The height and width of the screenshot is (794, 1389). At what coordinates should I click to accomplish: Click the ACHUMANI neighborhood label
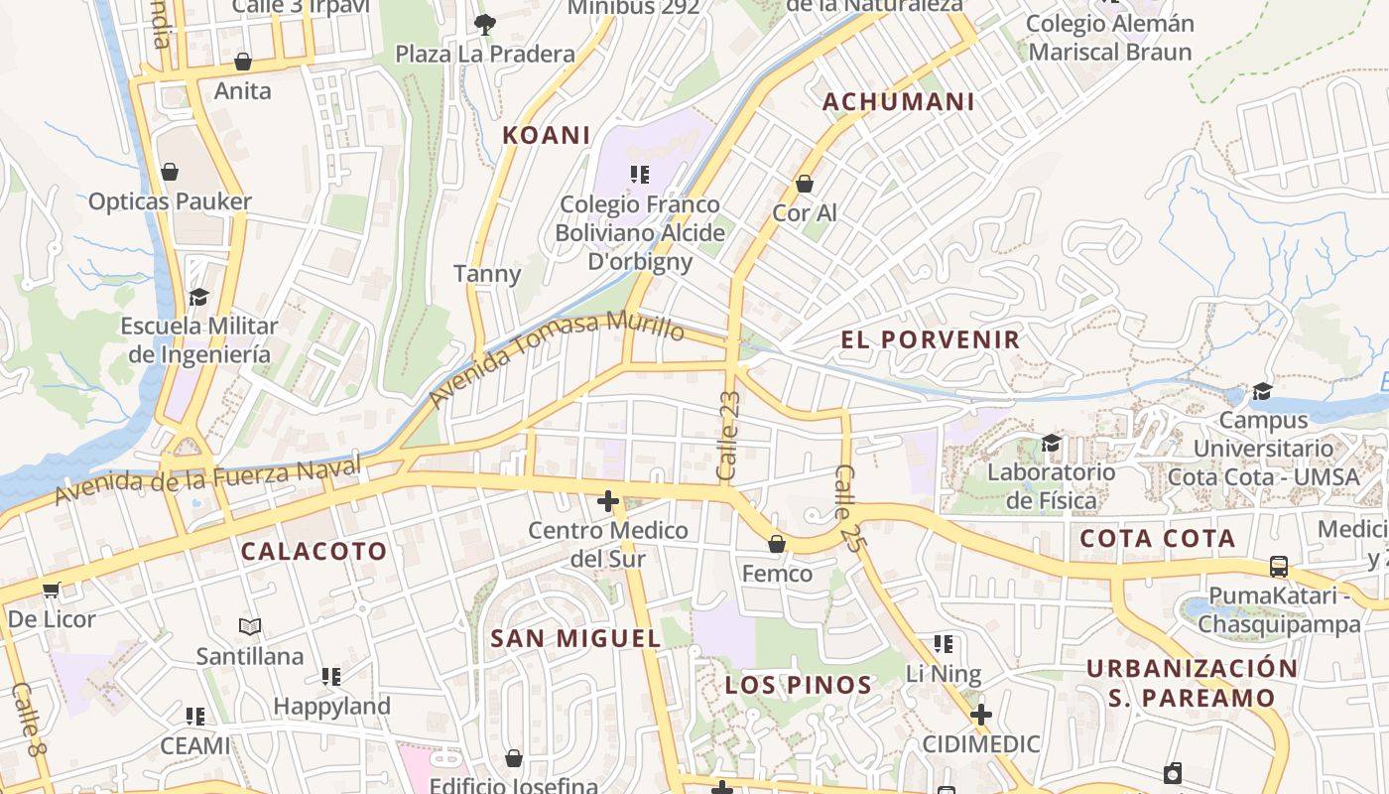(898, 101)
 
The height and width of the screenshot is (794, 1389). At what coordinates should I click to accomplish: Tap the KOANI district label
(546, 135)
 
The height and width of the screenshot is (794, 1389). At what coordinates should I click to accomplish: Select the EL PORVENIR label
(930, 339)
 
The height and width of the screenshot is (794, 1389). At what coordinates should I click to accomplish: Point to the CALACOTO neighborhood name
(314, 551)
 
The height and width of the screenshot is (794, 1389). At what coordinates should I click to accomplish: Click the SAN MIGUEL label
(575, 638)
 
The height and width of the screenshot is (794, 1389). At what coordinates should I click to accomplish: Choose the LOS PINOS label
(798, 685)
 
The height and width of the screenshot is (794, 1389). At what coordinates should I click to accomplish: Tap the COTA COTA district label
(1157, 539)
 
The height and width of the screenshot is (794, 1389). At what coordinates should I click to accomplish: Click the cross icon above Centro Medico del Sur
(608, 502)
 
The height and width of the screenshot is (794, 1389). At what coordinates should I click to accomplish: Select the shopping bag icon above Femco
(777, 544)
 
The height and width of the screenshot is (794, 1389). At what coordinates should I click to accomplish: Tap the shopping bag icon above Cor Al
(805, 184)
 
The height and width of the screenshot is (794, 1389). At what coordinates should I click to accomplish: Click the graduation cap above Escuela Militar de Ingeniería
(198, 297)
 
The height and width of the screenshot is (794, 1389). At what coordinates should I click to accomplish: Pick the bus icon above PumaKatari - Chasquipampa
(1279, 567)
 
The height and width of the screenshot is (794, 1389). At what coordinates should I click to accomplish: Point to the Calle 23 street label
(729, 436)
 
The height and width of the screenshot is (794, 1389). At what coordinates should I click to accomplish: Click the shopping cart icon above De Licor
(51, 591)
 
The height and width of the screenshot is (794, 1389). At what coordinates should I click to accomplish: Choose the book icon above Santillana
(250, 627)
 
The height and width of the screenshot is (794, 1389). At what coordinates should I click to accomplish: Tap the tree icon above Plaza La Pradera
(484, 24)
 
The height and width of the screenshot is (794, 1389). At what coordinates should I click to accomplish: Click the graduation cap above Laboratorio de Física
(1051, 443)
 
